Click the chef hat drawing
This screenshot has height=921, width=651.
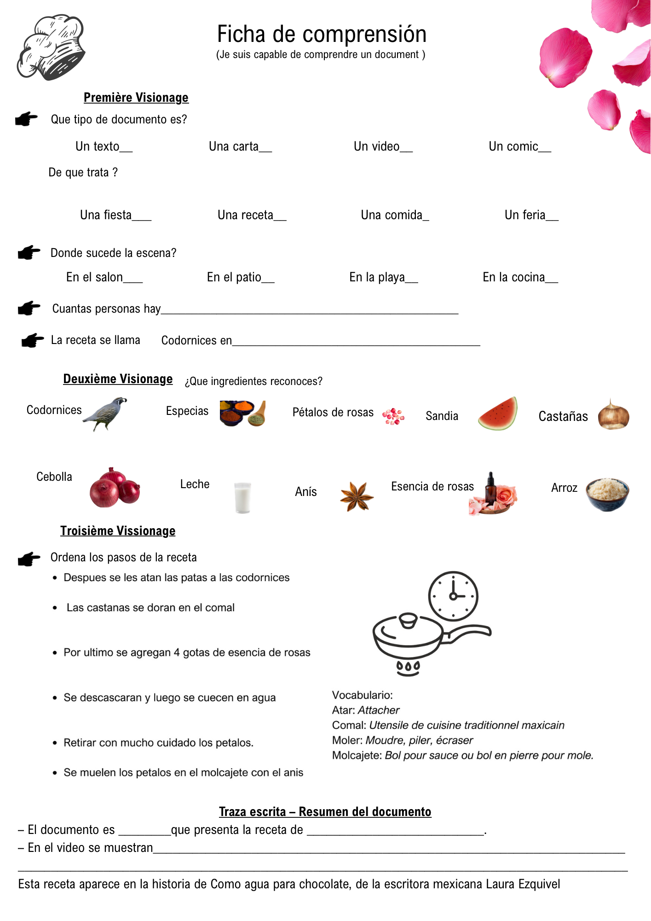pyautogui.click(x=52, y=47)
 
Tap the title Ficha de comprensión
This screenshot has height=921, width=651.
pyautogui.click(x=322, y=35)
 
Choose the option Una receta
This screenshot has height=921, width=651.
pyautogui.click(x=251, y=215)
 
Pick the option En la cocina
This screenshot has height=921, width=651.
pyautogui.click(x=520, y=277)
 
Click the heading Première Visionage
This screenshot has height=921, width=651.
pyautogui.click(x=136, y=98)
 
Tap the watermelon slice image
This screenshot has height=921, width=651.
pyautogui.click(x=498, y=414)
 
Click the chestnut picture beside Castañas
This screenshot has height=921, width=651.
pyautogui.click(x=613, y=414)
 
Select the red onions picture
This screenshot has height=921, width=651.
pyautogui.click(x=115, y=488)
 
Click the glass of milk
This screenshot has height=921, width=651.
pyautogui.click(x=242, y=497)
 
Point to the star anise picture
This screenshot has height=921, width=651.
pyautogui.click(x=357, y=496)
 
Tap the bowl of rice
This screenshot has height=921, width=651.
pyautogui.click(x=607, y=494)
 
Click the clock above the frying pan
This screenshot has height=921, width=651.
pyautogui.click(x=453, y=596)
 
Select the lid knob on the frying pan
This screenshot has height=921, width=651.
pyautogui.click(x=408, y=620)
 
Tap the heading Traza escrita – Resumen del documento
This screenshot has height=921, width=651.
pyautogui.click(x=325, y=811)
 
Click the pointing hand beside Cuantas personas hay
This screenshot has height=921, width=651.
pyautogui.click(x=29, y=308)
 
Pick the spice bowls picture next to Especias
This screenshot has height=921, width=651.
pyautogui.click(x=242, y=413)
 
